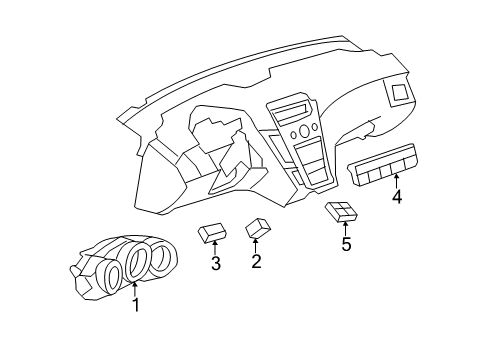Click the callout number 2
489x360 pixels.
coord(257,262)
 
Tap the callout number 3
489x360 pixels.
coord(214,264)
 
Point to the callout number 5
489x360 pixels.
coord(346,244)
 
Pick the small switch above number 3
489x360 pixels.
coord(213,233)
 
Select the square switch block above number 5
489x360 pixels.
coord(342,211)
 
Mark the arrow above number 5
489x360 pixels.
coord(346,227)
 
